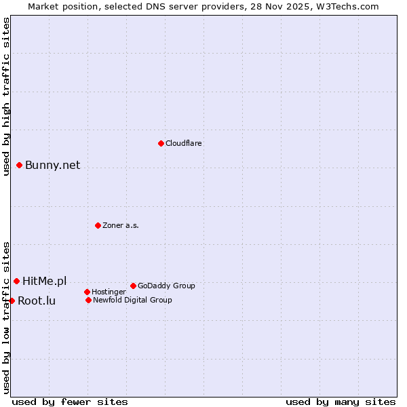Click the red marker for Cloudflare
tap(161, 143)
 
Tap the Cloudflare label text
tap(184, 143)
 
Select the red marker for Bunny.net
tap(20, 165)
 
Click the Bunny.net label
tap(52, 166)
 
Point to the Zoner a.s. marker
tap(98, 225)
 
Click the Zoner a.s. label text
tap(121, 225)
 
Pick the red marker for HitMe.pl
tap(16, 281)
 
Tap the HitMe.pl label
tap(45, 281)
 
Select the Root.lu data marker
tap(12, 301)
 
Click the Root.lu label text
tap(37, 301)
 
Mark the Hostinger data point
tap(87, 292)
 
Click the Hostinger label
tap(109, 292)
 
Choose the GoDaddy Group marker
tap(133, 286)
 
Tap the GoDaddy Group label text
tap(166, 286)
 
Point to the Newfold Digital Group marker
tap(88, 300)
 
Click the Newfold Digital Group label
tap(132, 300)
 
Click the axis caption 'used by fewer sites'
tap(70, 402)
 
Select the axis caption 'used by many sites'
tap(341, 402)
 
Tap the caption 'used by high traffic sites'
tap(7, 96)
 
